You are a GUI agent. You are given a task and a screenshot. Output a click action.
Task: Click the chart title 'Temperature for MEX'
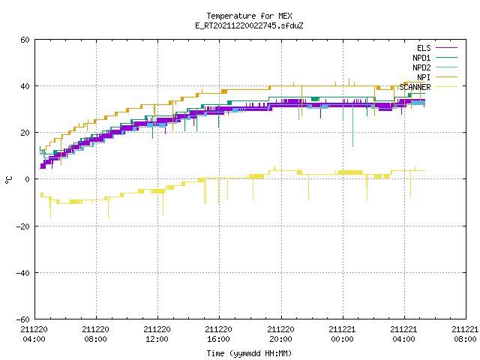pos(249,16)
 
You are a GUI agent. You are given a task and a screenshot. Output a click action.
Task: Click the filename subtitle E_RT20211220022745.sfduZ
pos(249,25)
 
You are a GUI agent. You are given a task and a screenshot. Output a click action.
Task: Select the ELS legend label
pos(424,48)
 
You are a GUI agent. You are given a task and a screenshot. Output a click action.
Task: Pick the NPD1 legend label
pos(421,58)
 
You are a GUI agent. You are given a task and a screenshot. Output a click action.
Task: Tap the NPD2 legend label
pos(421,67)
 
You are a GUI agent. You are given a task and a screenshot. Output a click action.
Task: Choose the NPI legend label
pos(424,77)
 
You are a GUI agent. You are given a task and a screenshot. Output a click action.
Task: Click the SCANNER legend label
pos(415,87)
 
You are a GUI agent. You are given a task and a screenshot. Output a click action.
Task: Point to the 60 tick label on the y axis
pos(25,40)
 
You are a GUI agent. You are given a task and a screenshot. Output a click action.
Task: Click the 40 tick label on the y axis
pos(25,86)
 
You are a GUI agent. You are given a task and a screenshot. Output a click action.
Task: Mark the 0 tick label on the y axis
pos(28,179)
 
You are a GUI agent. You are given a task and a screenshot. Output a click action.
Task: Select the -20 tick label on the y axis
pos(23,226)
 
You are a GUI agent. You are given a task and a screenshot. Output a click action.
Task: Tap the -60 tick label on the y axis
pos(23,319)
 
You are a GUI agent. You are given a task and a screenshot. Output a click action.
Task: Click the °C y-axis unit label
pos(8,180)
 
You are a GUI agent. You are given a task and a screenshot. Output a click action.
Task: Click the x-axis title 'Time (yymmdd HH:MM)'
pos(249,353)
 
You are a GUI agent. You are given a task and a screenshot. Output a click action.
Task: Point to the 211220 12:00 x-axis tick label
pos(157,334)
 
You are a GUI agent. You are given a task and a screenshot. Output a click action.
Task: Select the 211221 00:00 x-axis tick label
pos(342,334)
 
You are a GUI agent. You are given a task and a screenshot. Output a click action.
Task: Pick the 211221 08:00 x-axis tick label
pos(465,334)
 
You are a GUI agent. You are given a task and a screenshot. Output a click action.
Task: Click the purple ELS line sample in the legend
pos(446,48)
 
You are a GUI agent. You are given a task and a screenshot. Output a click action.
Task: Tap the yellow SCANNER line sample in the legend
pos(446,87)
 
